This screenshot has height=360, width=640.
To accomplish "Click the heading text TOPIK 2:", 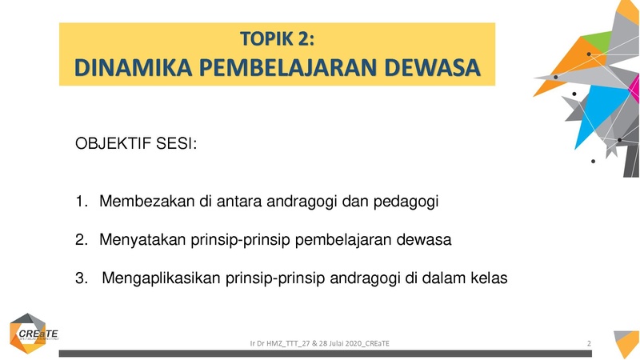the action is coord(277,38).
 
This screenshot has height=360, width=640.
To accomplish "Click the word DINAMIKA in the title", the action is coord(133,68).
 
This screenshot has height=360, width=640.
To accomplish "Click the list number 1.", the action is coord(82,202).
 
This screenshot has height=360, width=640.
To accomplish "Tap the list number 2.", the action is coord(82,239).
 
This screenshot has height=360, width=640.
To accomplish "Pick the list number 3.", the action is coord(82,278).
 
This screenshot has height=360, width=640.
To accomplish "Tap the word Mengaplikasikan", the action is coord(162,278).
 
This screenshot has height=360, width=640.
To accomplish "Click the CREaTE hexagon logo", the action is coord(30,334).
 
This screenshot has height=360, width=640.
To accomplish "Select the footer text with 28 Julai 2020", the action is coord(319,344).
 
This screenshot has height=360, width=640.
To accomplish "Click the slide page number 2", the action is coord(589,344).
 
